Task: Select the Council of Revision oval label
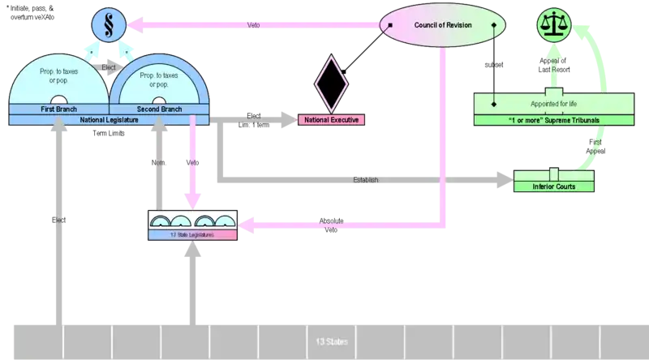(443, 25)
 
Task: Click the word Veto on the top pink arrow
(254, 25)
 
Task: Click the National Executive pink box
(332, 120)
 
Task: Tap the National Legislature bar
(109, 120)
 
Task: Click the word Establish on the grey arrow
(366, 180)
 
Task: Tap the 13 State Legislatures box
(192, 235)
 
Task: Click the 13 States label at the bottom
(328, 341)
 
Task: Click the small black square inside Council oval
(390, 25)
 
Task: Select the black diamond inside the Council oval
(495, 25)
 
